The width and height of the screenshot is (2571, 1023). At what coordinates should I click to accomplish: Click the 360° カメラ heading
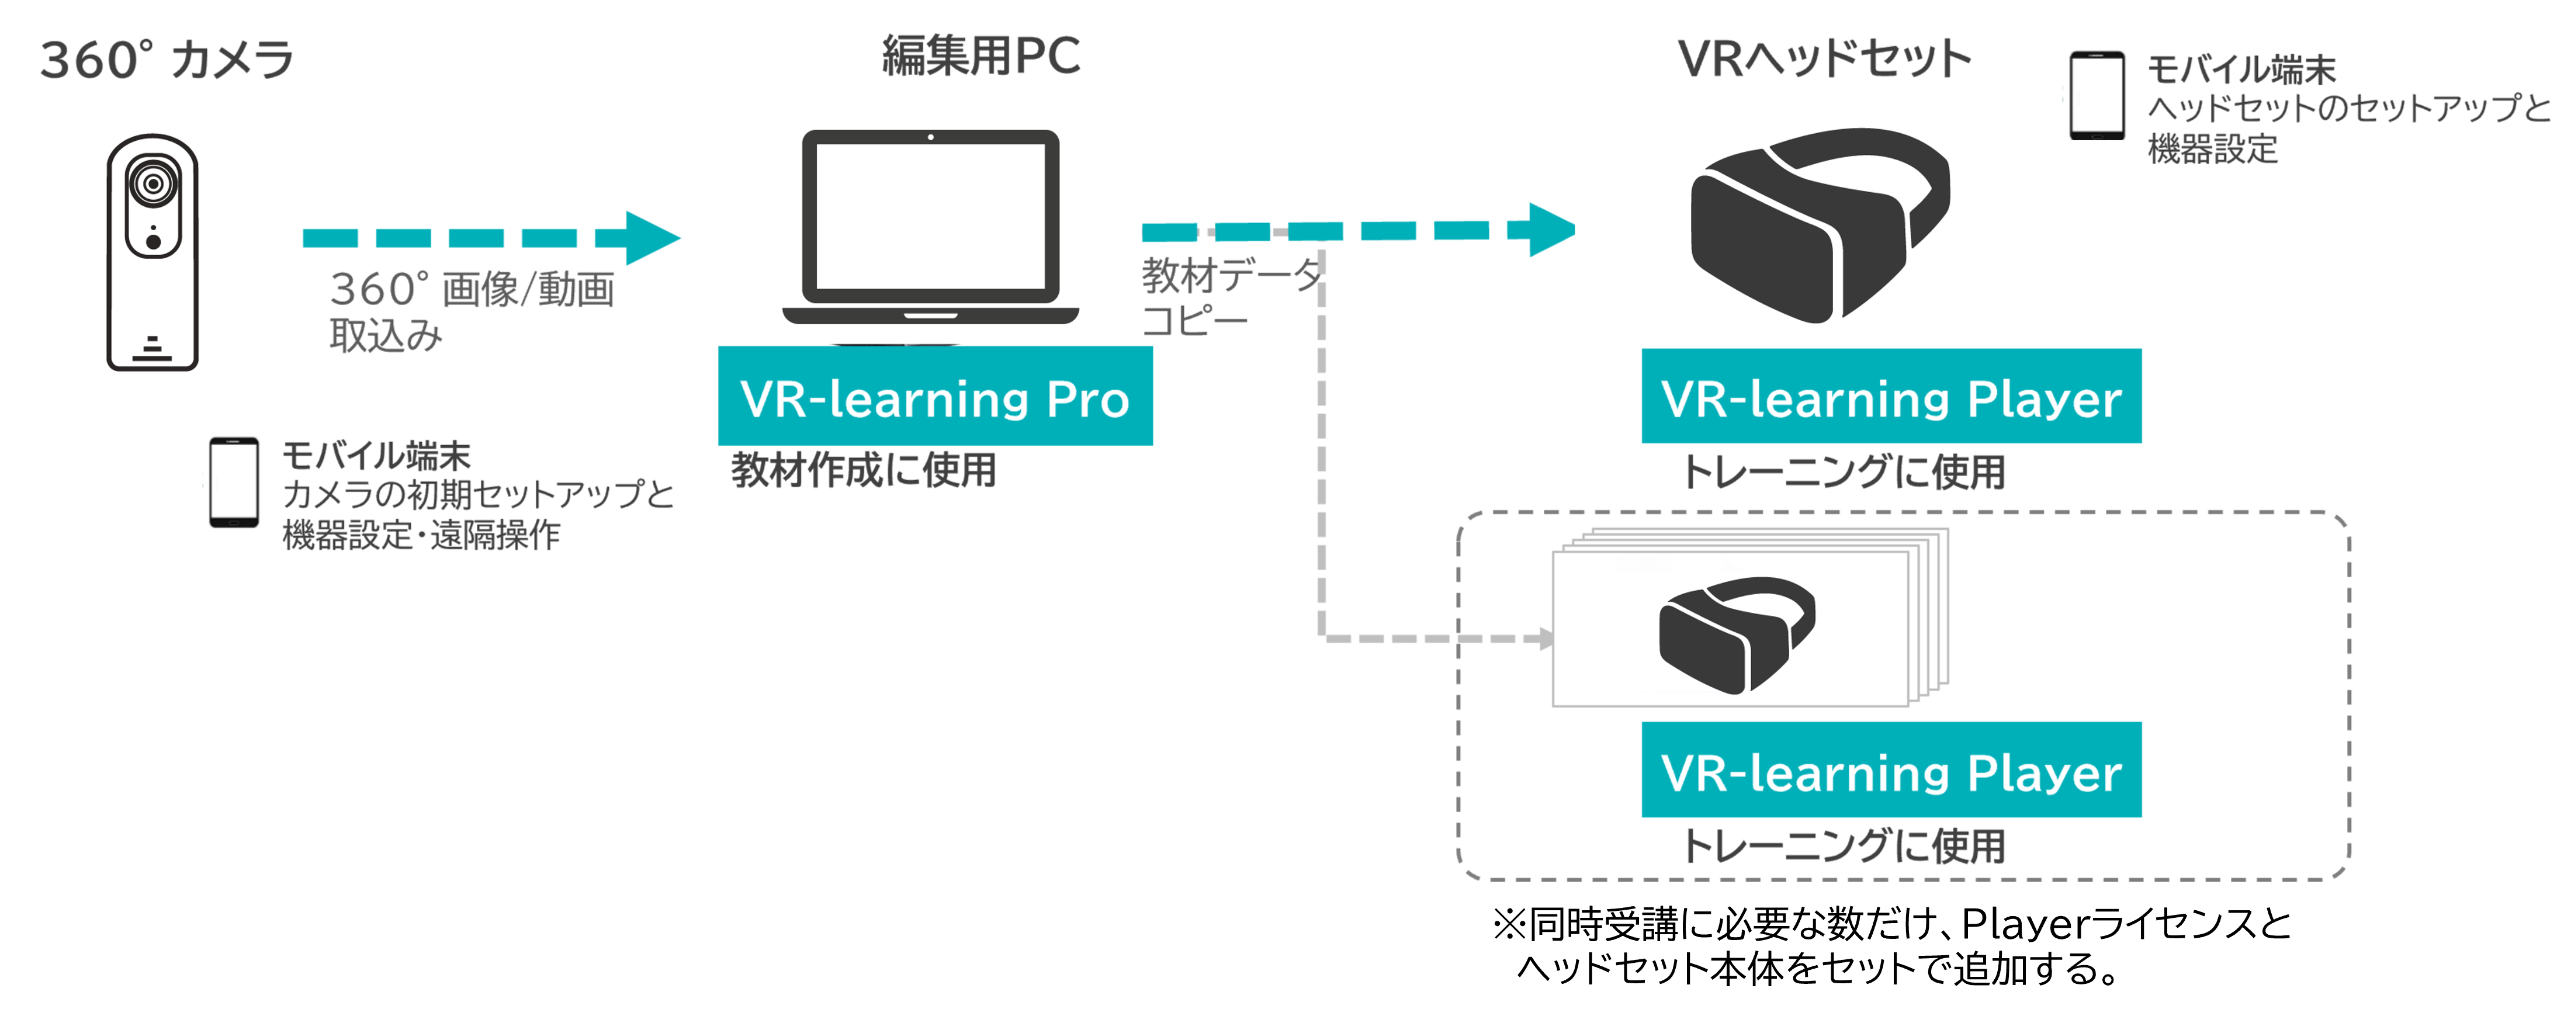click(167, 60)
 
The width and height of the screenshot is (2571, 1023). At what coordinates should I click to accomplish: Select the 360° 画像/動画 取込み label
click(471, 310)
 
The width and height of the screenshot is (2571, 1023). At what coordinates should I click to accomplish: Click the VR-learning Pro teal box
click(934, 397)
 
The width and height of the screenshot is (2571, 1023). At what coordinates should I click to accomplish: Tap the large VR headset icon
click(1817, 224)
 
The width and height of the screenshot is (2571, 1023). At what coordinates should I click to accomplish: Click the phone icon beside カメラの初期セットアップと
click(234, 482)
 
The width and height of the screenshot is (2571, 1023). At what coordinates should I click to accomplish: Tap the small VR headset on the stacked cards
click(1735, 634)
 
